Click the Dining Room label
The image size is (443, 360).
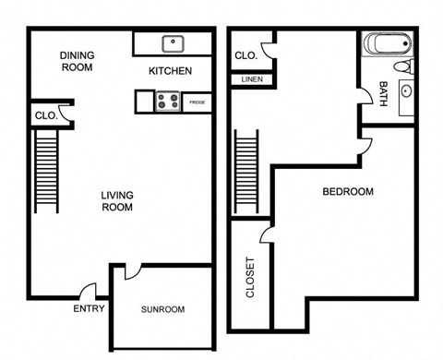click(x=78, y=61)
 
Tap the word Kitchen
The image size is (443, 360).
click(x=171, y=71)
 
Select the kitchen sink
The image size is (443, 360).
click(x=172, y=42)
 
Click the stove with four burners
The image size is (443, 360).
click(x=167, y=102)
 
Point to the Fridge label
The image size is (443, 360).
click(x=197, y=102)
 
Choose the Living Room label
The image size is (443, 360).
click(x=116, y=201)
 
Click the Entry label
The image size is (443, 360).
click(x=89, y=309)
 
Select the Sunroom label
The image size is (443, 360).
click(x=163, y=309)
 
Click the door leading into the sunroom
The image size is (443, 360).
click(x=132, y=271)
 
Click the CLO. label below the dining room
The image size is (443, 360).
click(x=46, y=116)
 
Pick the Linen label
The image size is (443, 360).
click(x=251, y=80)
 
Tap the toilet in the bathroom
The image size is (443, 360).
click(x=403, y=66)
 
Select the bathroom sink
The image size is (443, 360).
click(x=405, y=93)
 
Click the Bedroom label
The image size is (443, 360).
click(x=347, y=192)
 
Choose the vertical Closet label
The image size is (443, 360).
click(x=250, y=275)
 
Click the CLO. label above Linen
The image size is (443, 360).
click(x=245, y=55)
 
